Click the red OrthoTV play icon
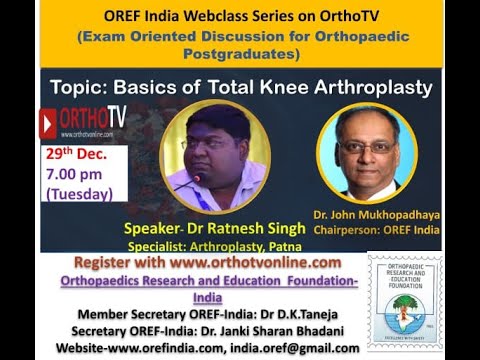48,122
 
